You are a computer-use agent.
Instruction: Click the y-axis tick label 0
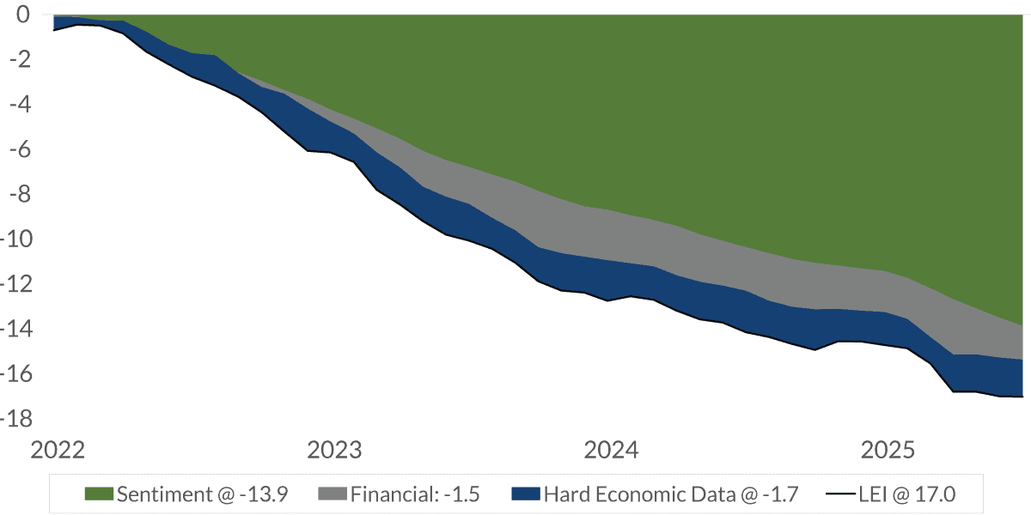[x=23, y=15]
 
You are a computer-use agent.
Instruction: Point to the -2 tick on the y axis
[x=19, y=59]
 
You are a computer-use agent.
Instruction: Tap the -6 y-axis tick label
[x=19, y=149]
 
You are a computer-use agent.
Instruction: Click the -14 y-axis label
[x=15, y=329]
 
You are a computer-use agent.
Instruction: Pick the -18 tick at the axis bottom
[x=15, y=419]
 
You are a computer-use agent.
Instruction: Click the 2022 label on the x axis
[x=58, y=450]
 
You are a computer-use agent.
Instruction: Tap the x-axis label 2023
[x=333, y=450]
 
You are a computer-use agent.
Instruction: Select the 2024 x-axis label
[x=610, y=450]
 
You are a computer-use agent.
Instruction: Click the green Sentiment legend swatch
[x=100, y=494]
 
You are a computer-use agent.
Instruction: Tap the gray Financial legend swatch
[x=332, y=494]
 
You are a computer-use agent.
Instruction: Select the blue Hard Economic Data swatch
[x=525, y=494]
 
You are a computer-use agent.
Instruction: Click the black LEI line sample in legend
[x=839, y=494]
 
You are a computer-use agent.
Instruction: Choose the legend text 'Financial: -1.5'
[x=414, y=494]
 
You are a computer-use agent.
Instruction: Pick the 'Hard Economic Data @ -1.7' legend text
[x=671, y=494]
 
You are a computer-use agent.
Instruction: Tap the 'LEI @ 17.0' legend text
[x=906, y=494]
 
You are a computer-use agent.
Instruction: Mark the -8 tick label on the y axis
[x=19, y=194]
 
